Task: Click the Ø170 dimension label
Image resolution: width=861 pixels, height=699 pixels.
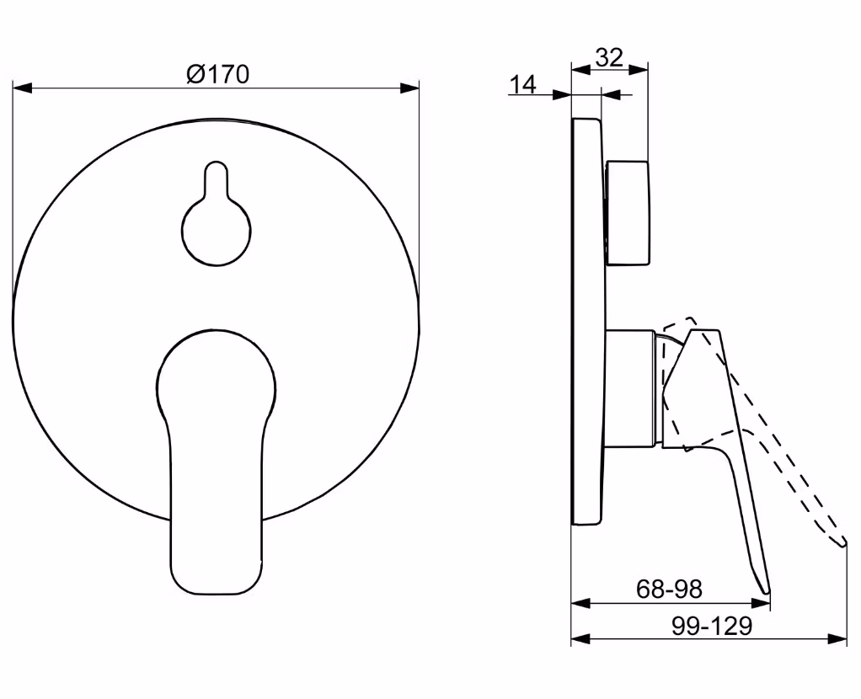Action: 217,74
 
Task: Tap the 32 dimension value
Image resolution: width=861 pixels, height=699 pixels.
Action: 609,57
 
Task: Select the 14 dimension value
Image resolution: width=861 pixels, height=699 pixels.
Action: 522,84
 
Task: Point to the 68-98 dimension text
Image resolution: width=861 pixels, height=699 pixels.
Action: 670,590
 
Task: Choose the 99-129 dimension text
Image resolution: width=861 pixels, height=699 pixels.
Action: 712,626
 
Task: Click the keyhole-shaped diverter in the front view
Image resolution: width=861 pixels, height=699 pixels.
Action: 217,214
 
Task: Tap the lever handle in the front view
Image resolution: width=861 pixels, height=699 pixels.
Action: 217,462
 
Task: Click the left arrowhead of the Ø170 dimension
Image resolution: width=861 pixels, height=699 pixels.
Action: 22,88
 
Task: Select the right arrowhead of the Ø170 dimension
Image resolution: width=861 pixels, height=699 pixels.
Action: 409,88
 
